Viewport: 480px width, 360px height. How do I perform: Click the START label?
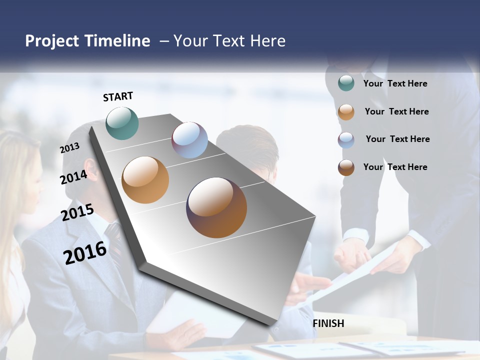(118, 96)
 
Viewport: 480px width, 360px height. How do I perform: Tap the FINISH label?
(328, 323)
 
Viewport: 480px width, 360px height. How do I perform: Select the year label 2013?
(69, 148)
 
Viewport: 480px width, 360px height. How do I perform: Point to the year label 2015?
(77, 212)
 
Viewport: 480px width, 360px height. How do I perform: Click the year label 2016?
(85, 252)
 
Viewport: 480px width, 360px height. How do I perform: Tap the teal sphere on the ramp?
(122, 123)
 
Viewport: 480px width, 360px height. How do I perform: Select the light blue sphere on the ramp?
(189, 140)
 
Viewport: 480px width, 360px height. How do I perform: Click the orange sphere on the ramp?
(145, 180)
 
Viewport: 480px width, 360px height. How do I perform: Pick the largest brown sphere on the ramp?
(216, 207)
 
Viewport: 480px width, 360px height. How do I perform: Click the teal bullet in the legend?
(346, 83)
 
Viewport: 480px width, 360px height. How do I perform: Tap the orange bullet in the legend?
(346, 112)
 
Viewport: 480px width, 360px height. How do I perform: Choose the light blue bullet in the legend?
(346, 140)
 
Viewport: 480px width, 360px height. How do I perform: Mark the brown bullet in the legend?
(346, 167)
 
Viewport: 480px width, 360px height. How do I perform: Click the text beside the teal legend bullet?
(395, 83)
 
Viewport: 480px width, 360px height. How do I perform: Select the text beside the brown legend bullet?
(395, 167)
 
